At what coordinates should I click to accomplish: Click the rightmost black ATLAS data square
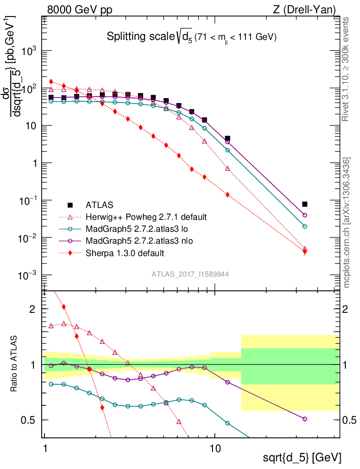[305, 204]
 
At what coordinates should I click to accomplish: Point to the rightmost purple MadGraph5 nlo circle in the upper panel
[305, 215]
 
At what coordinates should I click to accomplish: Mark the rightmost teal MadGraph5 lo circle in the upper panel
[305, 226]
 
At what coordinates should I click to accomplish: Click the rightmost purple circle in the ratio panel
[305, 419]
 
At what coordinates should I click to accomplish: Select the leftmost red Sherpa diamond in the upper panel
[51, 82]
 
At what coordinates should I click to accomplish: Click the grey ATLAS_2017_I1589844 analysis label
[190, 274]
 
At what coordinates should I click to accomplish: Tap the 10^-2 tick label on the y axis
[28, 238]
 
